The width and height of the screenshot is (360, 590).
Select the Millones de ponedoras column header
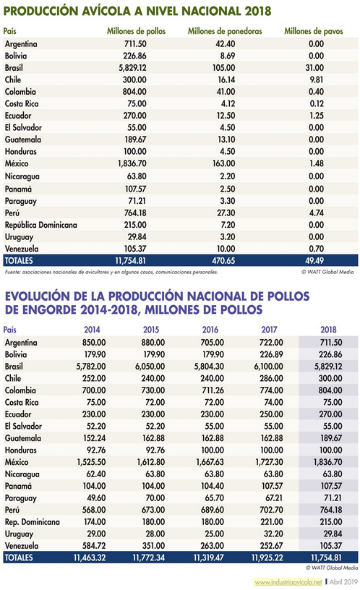pyautogui.click(x=225, y=31)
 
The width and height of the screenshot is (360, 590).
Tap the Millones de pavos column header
pyautogui.click(x=314, y=31)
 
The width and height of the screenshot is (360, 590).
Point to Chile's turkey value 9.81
pyautogui.click(x=317, y=80)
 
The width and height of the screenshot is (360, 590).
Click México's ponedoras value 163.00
pyautogui.click(x=224, y=163)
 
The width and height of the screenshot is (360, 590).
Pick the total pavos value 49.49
pyautogui.click(x=314, y=260)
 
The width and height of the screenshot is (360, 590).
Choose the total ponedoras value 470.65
pyautogui.click(x=223, y=260)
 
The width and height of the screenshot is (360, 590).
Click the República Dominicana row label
pyautogui.click(x=41, y=225)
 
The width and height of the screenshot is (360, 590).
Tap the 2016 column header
pyautogui.click(x=210, y=330)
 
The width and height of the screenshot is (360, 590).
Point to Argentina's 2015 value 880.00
pyautogui.click(x=153, y=343)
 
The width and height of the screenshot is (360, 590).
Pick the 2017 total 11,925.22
pyautogui.click(x=267, y=557)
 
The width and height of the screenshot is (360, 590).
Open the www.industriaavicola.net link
pyautogui.click(x=288, y=582)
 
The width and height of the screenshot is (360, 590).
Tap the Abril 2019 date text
pyautogui.click(x=343, y=582)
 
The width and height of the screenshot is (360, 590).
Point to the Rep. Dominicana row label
pyautogui.click(x=33, y=522)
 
